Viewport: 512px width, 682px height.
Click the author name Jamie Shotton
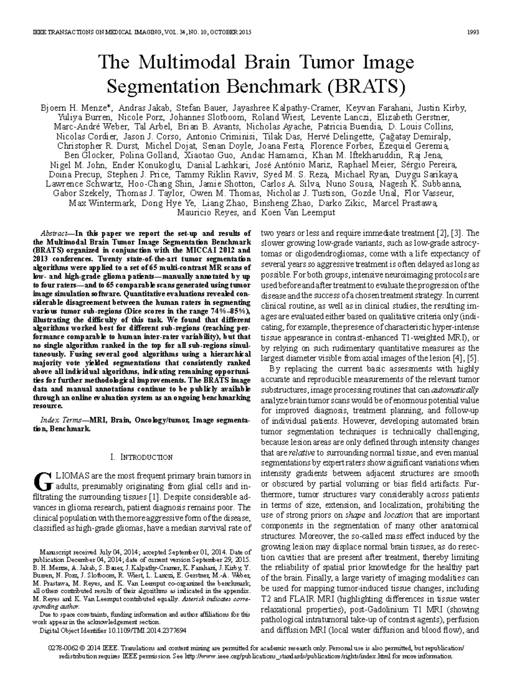point(230,184)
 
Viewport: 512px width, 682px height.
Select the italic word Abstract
point(53,234)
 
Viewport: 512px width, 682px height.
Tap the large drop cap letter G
point(43,480)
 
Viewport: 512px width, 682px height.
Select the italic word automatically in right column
point(455,390)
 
